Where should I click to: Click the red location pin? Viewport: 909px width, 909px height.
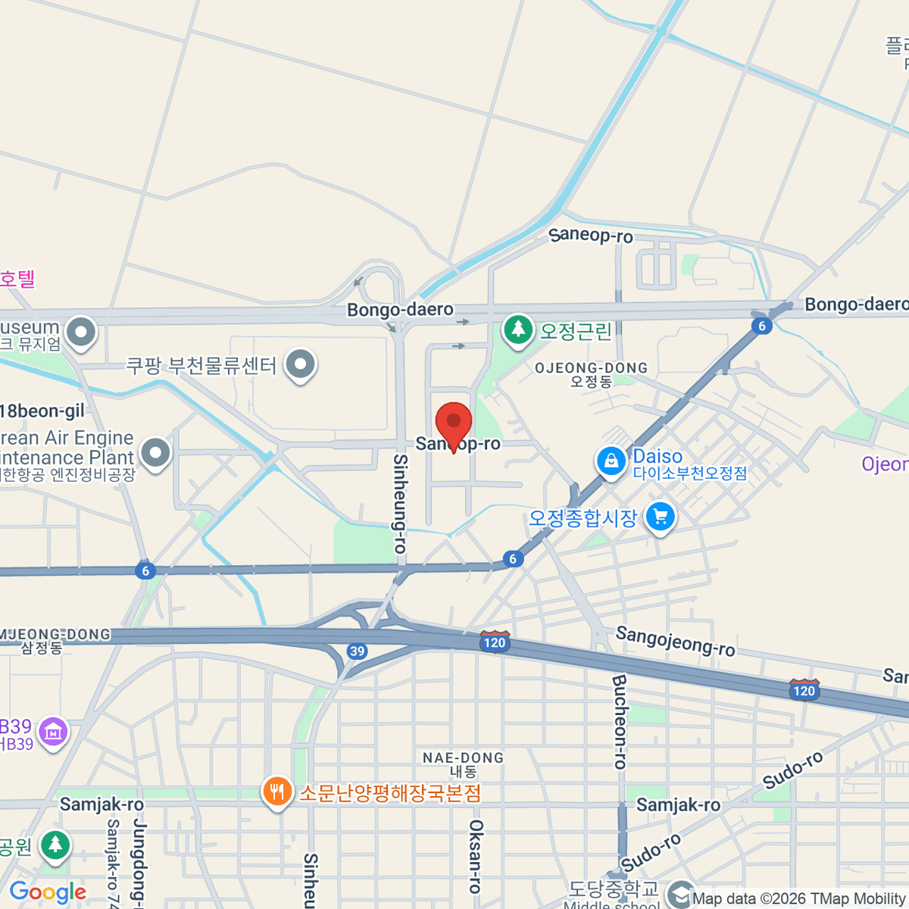[454, 423]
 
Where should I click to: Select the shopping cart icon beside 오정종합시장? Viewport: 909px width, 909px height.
[660, 518]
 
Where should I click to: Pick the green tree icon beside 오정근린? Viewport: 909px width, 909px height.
[518, 330]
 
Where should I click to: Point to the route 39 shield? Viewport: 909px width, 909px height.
[357, 651]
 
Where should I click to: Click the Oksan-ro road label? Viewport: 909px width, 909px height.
[476, 856]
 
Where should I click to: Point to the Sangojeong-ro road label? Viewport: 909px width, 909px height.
[675, 641]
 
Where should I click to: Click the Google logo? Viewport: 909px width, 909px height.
[48, 892]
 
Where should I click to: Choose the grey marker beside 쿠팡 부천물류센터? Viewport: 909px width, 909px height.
[300, 364]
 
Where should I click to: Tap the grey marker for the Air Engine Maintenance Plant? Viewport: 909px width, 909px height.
[155, 453]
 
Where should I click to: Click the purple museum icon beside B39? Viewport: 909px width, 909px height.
[53, 733]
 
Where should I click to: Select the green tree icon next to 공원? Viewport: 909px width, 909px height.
[55, 845]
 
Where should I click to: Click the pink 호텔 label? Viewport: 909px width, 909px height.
[17, 279]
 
